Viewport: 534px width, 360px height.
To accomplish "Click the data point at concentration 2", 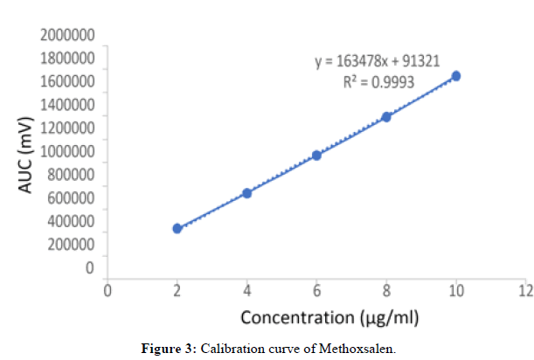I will (x=177, y=228).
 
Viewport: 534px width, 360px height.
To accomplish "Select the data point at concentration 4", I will (x=247, y=193).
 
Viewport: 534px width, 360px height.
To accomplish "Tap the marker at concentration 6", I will (x=317, y=156).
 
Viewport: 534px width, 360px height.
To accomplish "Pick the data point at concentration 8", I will (x=386, y=117).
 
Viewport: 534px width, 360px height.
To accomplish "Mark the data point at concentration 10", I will (x=455, y=76).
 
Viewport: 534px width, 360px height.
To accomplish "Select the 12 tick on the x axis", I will (x=524, y=289).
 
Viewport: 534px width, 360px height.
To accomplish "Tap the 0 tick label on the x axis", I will (x=107, y=289).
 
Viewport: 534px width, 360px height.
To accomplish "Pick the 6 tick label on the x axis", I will (x=317, y=289).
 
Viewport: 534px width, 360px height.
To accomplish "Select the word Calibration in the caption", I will (x=231, y=349).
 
